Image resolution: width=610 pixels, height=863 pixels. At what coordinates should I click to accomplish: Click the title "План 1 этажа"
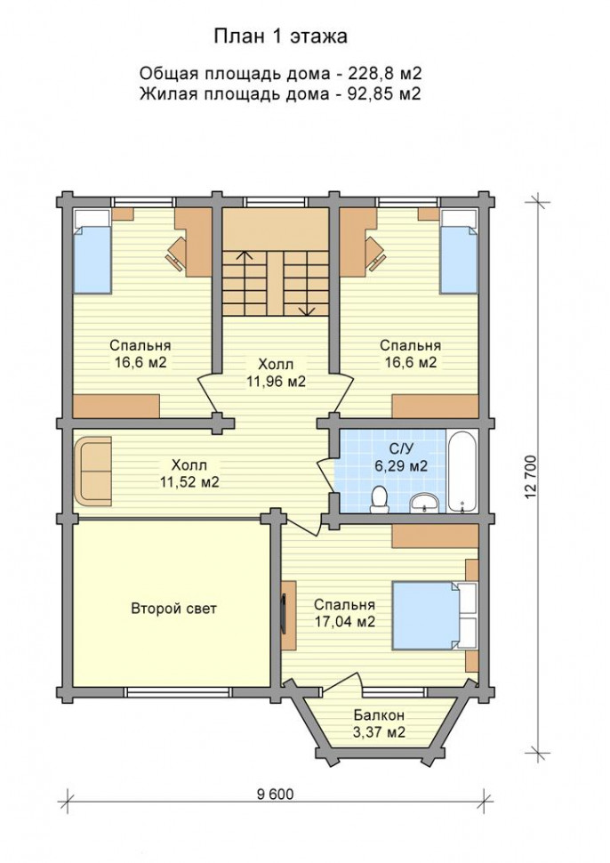[x=280, y=36]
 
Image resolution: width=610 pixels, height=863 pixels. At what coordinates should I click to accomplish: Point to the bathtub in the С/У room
[x=462, y=472]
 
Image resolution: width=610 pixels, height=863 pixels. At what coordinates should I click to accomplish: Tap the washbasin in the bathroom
[x=425, y=503]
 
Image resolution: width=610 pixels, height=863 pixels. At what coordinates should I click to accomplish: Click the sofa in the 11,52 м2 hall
[x=93, y=471]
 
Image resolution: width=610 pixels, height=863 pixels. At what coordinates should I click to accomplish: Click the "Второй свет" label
[x=173, y=609]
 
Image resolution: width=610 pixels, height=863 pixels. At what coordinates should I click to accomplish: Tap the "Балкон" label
[x=379, y=715]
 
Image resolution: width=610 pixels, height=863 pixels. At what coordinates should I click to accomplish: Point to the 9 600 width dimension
[x=275, y=794]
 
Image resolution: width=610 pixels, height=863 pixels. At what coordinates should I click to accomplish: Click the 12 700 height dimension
[x=530, y=477]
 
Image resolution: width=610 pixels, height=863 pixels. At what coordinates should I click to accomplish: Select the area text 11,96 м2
[x=277, y=382]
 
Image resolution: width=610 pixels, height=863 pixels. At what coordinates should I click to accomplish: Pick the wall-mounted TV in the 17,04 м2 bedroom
[x=284, y=615]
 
